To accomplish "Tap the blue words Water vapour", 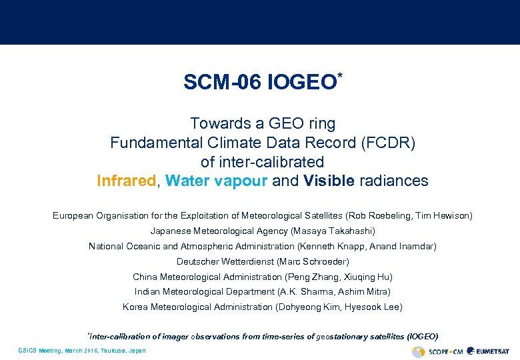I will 217,181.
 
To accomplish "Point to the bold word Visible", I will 329,181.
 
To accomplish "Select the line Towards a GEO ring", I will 263,124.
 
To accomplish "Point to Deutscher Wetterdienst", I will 224,262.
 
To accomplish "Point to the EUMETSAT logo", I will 489,351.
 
